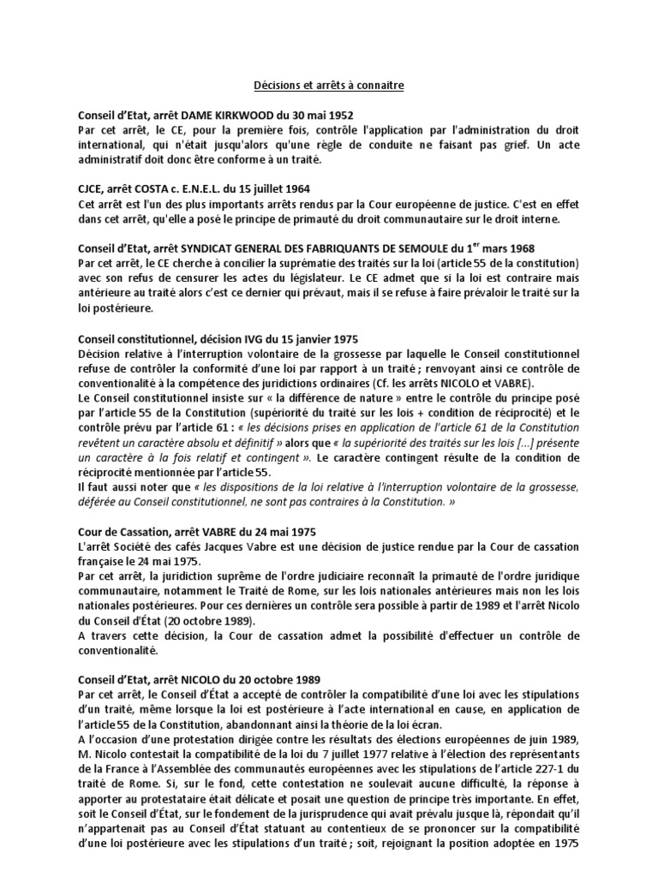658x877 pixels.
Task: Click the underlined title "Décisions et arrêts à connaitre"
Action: (329, 86)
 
